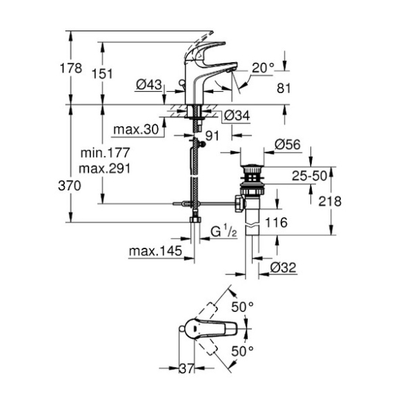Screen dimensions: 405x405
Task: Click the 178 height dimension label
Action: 71,68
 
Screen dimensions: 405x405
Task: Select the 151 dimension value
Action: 103,74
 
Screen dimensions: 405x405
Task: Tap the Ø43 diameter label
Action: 149,84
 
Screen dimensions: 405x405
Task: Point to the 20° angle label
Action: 263,68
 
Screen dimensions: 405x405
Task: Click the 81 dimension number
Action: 284,88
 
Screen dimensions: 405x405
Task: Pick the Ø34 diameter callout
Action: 237,115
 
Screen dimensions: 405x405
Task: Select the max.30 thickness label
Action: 136,130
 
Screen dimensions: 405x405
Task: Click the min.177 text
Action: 105,152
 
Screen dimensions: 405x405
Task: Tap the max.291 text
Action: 105,168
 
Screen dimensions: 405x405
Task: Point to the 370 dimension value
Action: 70,186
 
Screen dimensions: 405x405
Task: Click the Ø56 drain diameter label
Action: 288,144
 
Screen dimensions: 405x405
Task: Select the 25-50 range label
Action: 309,176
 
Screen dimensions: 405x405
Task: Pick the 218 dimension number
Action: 330,201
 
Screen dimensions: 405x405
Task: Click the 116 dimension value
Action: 277,222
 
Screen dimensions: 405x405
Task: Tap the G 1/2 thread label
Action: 224,231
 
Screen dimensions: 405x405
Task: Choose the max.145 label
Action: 155,251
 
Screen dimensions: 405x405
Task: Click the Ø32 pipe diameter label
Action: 283,268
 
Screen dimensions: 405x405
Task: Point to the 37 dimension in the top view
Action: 186,368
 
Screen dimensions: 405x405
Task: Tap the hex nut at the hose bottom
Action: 195,220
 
